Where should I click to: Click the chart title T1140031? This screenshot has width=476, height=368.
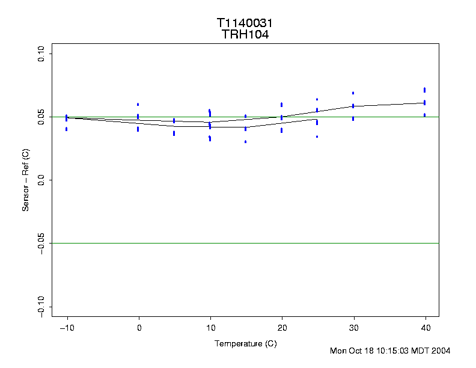(245, 23)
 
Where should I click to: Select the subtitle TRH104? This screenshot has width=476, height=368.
(245, 35)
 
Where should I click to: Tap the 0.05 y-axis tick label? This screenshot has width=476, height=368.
(41, 117)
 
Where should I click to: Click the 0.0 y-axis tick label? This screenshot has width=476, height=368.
(41, 180)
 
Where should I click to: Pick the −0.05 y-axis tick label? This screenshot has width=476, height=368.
(41, 243)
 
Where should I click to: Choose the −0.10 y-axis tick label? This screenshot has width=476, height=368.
(41, 306)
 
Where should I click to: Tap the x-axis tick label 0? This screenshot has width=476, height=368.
(139, 328)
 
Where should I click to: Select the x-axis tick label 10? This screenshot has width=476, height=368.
(210, 328)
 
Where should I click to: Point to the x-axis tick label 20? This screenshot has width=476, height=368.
(282, 328)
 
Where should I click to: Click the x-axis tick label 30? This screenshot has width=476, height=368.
(353, 328)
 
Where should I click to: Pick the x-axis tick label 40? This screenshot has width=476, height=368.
(425, 328)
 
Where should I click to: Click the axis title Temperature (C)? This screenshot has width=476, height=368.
(245, 343)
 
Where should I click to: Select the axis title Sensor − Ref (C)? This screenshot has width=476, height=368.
(26, 180)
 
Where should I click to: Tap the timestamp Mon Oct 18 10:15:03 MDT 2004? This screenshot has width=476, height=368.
(390, 351)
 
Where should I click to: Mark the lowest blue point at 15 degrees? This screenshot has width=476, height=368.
(246, 142)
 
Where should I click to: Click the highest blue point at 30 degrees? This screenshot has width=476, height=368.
(353, 93)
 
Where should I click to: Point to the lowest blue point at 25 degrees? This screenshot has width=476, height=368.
(317, 136)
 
